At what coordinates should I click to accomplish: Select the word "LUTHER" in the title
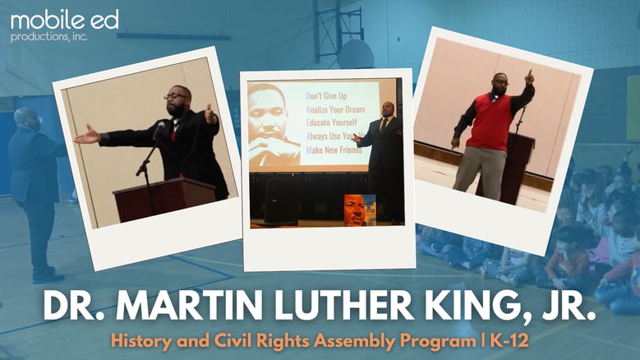[328, 307]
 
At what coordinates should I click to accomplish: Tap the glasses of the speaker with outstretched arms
[175, 97]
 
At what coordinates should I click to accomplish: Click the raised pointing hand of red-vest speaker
[529, 78]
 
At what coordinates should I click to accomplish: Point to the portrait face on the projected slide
[274, 119]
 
